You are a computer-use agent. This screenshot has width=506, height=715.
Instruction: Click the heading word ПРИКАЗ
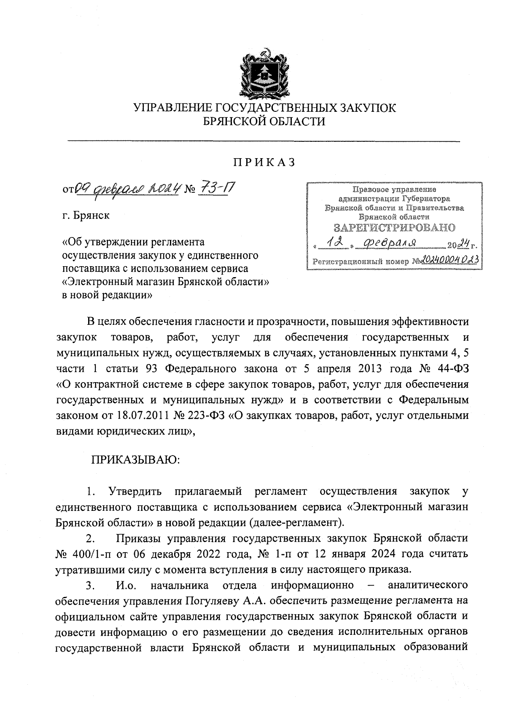264,162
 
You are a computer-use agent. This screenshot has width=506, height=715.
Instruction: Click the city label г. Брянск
86,216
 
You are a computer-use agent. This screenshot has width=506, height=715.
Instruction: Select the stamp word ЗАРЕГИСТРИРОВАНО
395,228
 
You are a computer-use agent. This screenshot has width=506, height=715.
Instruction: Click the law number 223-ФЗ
205,415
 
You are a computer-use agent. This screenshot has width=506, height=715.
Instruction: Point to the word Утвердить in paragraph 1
135,491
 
